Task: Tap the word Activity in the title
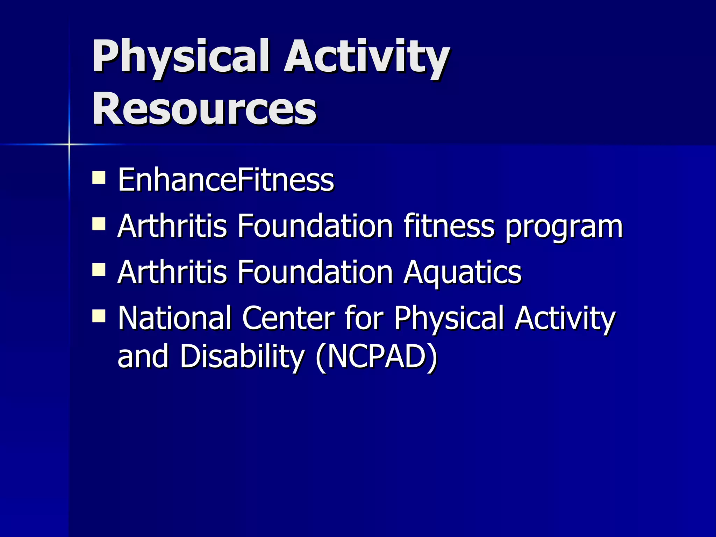coord(366,57)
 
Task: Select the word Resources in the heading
coord(204,108)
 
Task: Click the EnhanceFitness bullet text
coord(226,180)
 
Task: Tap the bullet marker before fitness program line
coord(99,224)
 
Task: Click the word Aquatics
coord(462,273)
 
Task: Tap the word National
coord(174,318)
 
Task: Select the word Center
coord(288,318)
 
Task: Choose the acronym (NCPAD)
coord(376,357)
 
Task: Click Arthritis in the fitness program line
coord(172,226)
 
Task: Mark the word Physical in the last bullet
coord(449,318)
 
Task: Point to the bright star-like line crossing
coord(69,144)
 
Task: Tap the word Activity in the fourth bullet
coord(564,318)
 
